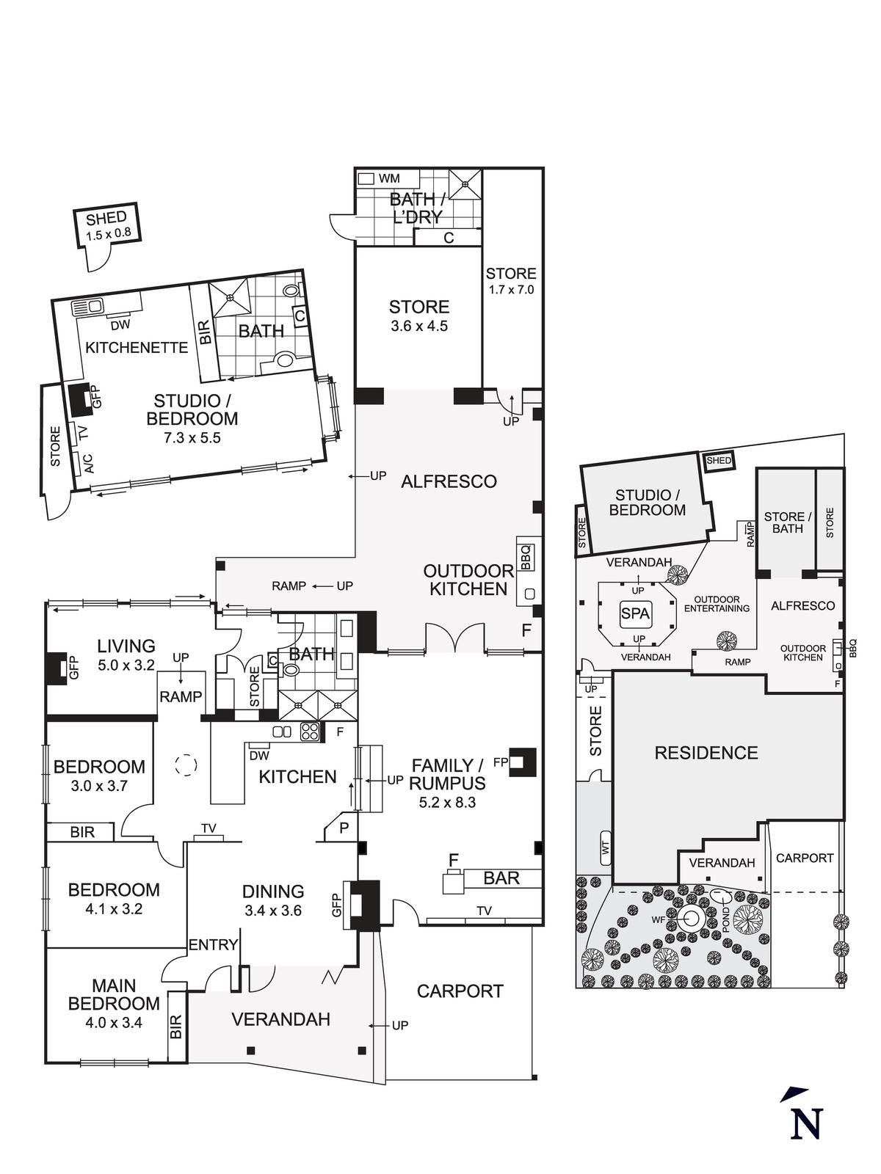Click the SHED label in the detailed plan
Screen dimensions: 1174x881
tap(106, 218)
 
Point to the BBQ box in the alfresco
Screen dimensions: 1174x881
tap(525, 556)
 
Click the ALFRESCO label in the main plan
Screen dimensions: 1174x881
tap(449, 481)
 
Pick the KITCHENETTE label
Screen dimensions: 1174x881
tap(137, 347)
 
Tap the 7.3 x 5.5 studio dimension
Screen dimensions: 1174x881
tap(192, 438)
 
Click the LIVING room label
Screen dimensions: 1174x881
tap(126, 646)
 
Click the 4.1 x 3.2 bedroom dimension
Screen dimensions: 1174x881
tap(114, 908)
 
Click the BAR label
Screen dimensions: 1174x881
tap(501, 878)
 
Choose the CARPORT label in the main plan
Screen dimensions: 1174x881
tap(460, 991)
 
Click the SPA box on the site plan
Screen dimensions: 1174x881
tap(635, 613)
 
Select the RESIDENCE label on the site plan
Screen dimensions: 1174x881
tap(706, 752)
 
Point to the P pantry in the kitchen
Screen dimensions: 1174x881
tap(343, 827)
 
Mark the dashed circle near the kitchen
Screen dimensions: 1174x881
tap(186, 765)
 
